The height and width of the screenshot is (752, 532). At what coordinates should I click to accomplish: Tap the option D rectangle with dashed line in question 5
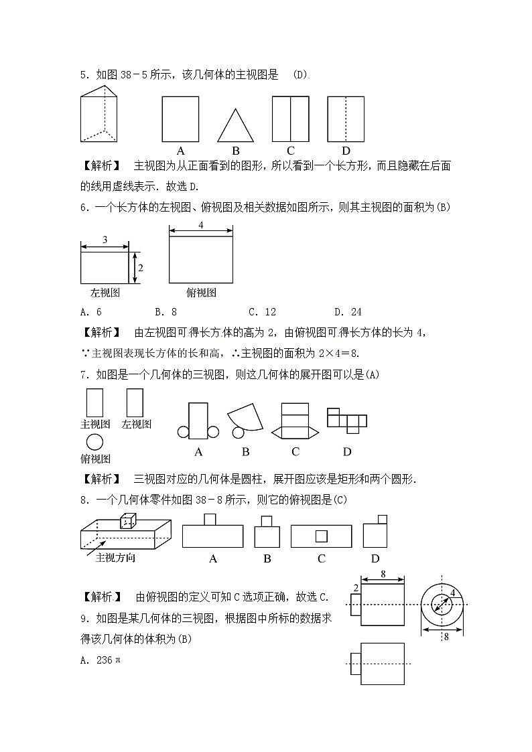[x=345, y=119]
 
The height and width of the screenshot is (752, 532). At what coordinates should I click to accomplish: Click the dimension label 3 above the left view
[x=105, y=239]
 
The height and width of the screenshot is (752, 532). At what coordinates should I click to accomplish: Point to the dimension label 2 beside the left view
[x=141, y=267]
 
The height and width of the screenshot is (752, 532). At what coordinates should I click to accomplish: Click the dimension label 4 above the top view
[x=201, y=226]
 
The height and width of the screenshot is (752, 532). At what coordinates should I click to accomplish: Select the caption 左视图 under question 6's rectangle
[x=105, y=293]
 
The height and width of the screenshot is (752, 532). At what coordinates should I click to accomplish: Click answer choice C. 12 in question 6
[x=262, y=311]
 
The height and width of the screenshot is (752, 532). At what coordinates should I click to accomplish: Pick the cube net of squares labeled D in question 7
[x=346, y=419]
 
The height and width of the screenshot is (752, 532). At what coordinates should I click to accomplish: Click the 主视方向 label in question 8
[x=115, y=557]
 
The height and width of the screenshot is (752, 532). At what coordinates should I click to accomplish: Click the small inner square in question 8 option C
[x=322, y=536]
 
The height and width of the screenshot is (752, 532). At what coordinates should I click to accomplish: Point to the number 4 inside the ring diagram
[x=453, y=593]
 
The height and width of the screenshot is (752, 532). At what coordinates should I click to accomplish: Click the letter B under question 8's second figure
[x=267, y=558]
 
